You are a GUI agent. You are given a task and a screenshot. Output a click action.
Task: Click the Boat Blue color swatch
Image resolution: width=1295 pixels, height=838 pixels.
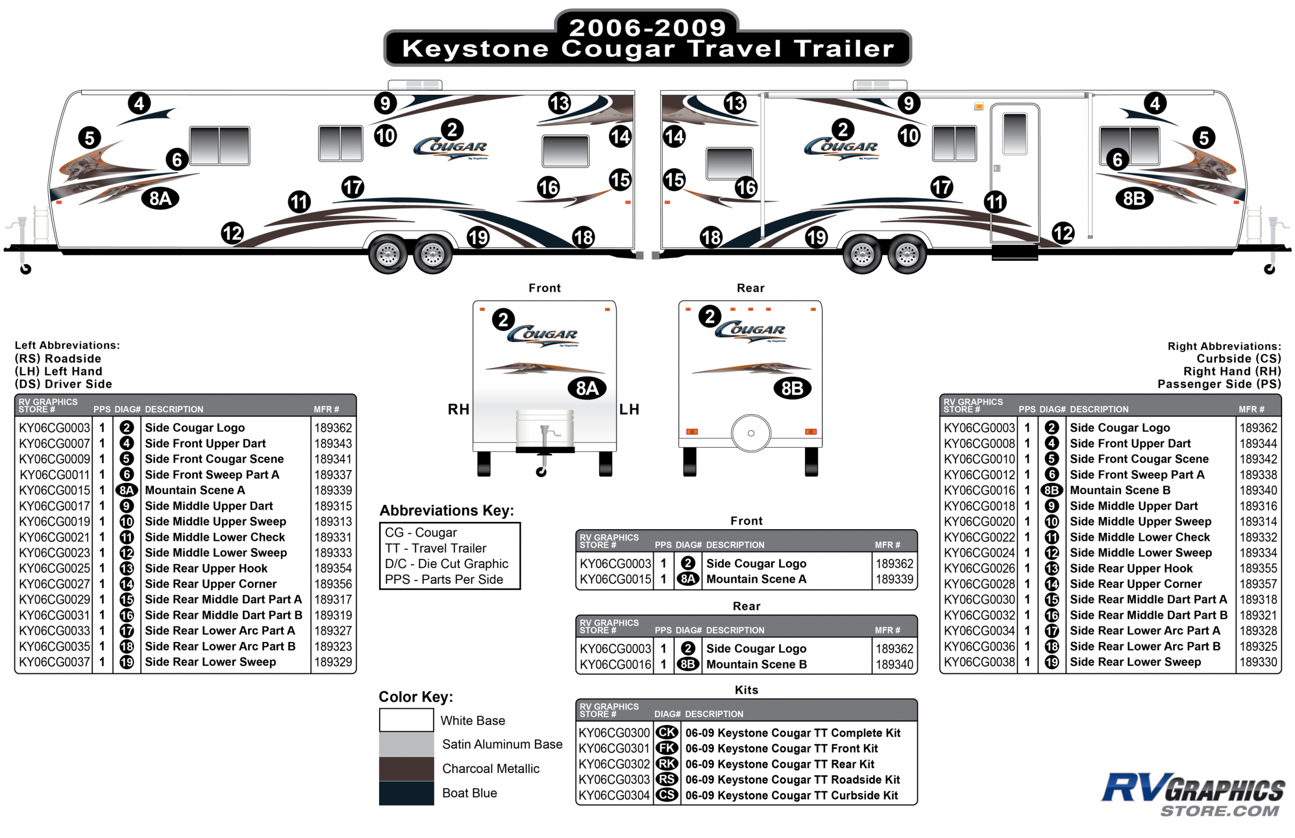pyautogui.click(x=406, y=793)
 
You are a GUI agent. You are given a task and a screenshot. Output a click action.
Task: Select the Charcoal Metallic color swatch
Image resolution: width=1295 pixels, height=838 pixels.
pyautogui.click(x=406, y=769)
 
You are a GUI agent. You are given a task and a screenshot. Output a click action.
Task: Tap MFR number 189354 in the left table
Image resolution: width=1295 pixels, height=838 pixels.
pyautogui.click(x=333, y=568)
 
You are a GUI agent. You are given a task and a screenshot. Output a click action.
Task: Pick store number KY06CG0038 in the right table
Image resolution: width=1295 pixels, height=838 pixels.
pyautogui.click(x=979, y=662)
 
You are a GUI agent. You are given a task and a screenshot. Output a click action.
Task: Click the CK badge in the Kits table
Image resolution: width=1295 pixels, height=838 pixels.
pyautogui.click(x=667, y=732)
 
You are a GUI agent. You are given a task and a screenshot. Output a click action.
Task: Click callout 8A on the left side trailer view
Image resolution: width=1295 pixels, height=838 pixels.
pyautogui.click(x=161, y=198)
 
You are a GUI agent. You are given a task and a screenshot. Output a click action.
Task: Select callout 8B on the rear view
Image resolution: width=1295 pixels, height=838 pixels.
pyautogui.click(x=792, y=388)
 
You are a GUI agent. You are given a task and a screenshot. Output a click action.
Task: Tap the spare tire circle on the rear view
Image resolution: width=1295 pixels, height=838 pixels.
pyautogui.click(x=751, y=433)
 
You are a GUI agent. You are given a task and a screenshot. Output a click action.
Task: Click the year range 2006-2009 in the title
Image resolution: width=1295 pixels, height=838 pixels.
pyautogui.click(x=647, y=27)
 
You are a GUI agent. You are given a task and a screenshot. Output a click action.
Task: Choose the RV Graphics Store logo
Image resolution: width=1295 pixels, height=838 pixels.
pyautogui.click(x=1193, y=794)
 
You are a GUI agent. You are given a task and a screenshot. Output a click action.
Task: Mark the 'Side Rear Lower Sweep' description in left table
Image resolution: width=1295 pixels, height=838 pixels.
pyautogui.click(x=210, y=662)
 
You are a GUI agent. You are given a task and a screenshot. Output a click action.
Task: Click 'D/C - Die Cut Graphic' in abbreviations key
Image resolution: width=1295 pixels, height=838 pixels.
pyautogui.click(x=446, y=564)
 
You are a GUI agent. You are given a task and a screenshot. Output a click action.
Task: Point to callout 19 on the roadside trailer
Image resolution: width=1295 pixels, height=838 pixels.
pyautogui.click(x=478, y=237)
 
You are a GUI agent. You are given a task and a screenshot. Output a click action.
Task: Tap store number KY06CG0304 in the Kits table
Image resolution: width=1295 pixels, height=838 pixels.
pyautogui.click(x=614, y=795)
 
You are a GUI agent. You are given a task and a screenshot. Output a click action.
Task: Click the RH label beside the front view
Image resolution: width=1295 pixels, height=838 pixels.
pyautogui.click(x=458, y=409)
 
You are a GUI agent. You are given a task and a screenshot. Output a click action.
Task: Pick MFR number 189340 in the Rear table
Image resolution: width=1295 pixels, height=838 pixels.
pyautogui.click(x=894, y=664)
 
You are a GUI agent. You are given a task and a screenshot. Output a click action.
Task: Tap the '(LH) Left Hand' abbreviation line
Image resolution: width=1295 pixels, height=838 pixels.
pyautogui.click(x=59, y=371)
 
